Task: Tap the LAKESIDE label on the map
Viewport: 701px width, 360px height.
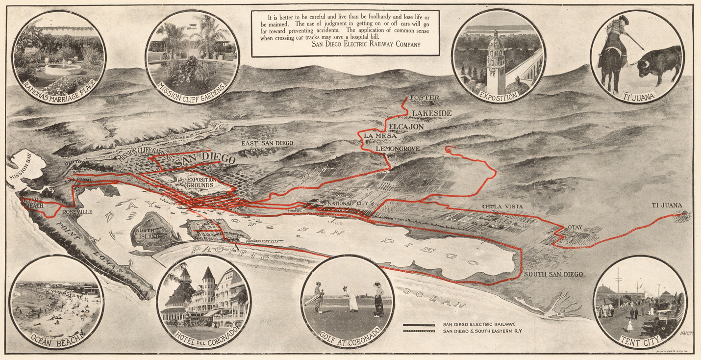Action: (x=431, y=113)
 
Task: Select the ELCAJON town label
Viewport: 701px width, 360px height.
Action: (x=406, y=127)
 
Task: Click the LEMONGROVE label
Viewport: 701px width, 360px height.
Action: (x=398, y=148)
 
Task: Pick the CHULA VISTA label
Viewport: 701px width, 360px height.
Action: (x=502, y=206)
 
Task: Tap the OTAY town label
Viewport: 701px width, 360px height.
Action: (x=575, y=228)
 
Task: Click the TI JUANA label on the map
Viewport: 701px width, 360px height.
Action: (x=667, y=205)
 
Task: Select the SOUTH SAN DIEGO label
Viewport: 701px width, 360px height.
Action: (x=553, y=274)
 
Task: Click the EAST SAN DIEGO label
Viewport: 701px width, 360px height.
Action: (x=267, y=143)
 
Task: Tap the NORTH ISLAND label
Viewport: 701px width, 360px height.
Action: (x=147, y=233)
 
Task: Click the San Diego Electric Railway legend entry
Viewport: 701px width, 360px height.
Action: (x=478, y=324)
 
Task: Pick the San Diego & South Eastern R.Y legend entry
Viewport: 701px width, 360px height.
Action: (x=482, y=331)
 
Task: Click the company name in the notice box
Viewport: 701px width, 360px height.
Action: (x=366, y=44)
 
